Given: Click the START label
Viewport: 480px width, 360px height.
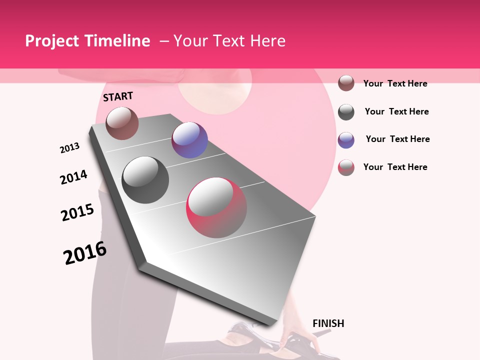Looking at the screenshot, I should tap(118, 96).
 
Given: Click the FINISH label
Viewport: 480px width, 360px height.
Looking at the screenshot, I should tap(328, 323).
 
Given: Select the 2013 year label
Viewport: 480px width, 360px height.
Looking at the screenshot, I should tap(69, 148).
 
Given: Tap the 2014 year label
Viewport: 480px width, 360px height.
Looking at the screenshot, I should tap(73, 177).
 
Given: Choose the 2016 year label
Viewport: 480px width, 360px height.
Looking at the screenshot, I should tap(85, 253).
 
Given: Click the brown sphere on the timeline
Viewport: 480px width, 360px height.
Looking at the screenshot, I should tap(122, 123).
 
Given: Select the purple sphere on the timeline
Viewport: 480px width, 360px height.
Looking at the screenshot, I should tap(189, 140).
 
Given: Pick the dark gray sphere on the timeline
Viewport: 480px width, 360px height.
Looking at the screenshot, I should tap(145, 180).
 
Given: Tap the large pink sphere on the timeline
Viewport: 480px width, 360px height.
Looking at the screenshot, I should tap(216, 207).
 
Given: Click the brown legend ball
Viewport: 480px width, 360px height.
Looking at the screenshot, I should tap(346, 83).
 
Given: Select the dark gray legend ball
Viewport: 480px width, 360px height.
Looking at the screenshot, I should tap(346, 112).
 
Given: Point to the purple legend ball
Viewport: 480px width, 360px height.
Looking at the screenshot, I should tap(346, 140).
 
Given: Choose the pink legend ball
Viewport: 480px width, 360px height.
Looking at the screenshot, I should tap(346, 167).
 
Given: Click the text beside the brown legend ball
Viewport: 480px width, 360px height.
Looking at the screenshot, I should tap(395, 83).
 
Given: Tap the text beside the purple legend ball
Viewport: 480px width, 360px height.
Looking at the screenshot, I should tap(397, 139).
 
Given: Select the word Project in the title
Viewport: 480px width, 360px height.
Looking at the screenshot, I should tap(52, 41).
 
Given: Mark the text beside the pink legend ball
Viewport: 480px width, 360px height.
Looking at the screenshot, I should tap(395, 167).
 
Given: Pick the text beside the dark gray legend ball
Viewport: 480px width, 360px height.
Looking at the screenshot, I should tap(396, 111).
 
